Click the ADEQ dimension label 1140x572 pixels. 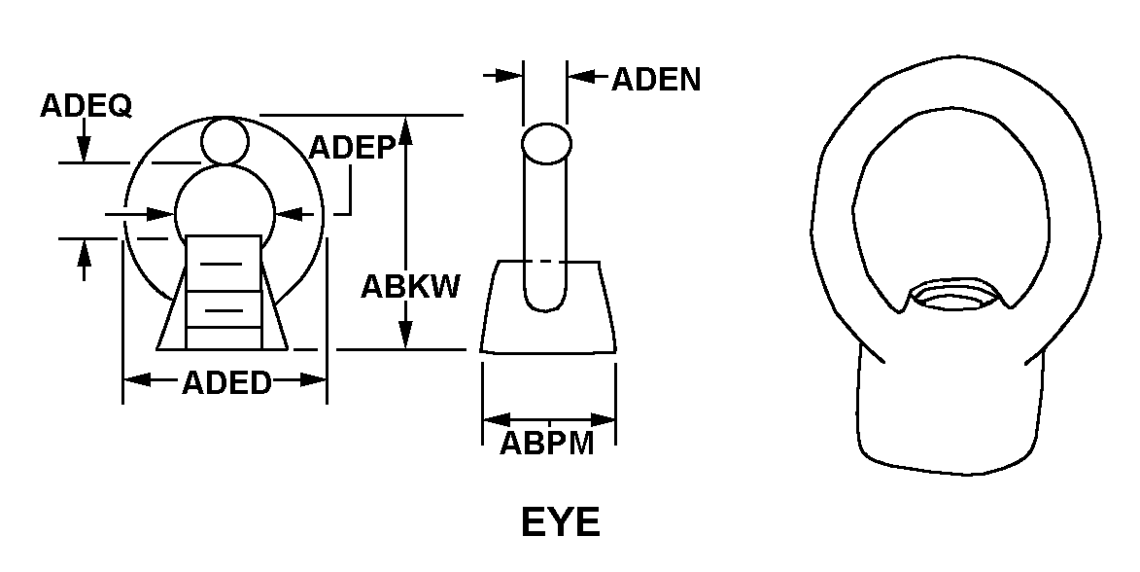(86, 105)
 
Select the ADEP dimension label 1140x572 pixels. (351, 147)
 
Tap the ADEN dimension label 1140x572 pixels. (656, 80)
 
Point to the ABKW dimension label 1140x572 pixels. (410, 287)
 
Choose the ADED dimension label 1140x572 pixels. (226, 383)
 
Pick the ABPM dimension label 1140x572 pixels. (547, 444)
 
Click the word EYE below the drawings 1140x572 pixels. (561, 522)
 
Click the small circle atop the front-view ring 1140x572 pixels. (225, 141)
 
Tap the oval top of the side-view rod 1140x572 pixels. (546, 144)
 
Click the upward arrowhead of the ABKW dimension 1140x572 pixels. (406, 132)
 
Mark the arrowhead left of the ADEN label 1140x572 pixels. (510, 75)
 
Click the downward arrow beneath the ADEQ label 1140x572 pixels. (85, 147)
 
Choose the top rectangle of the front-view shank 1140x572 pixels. (223, 263)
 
